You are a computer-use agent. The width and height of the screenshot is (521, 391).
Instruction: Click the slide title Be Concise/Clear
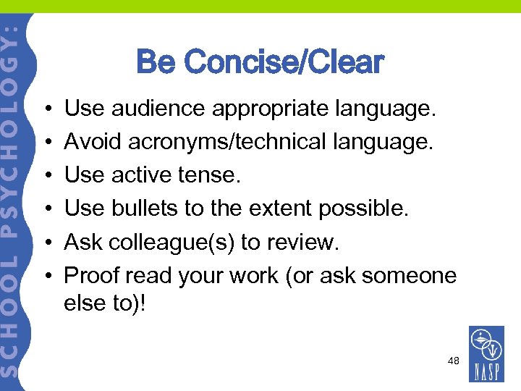pos(260,62)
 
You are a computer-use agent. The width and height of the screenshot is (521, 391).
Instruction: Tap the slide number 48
pos(454,360)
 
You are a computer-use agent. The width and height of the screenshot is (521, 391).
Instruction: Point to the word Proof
pos(92,276)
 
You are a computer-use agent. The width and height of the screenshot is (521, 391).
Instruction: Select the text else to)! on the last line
pos(105,303)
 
